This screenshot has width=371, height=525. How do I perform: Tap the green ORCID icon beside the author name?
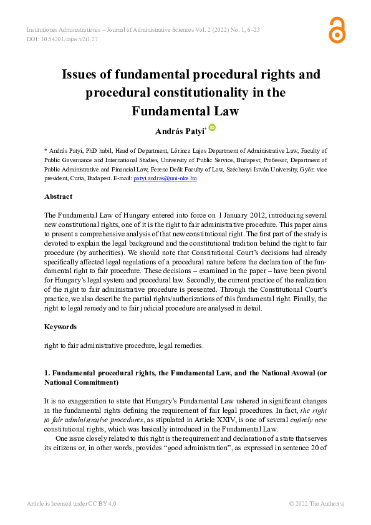[213, 127]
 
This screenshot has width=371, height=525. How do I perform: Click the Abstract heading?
[58, 196]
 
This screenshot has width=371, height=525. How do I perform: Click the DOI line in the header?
[62, 39]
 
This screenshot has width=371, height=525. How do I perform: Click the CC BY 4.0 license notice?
[71, 503]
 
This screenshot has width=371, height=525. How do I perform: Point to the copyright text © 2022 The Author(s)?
[317, 503]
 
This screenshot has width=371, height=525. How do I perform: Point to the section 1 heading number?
[46, 373]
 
